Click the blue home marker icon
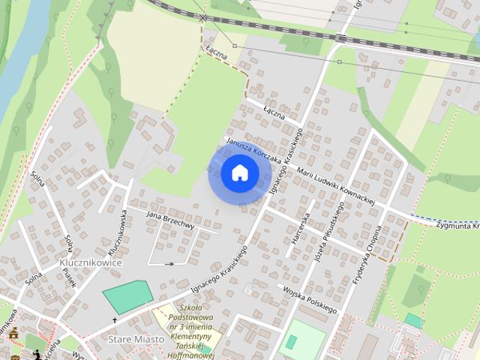(240, 172)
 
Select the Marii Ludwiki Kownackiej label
(335, 183)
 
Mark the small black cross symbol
(115, 320)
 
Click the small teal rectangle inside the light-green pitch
(291, 341)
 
